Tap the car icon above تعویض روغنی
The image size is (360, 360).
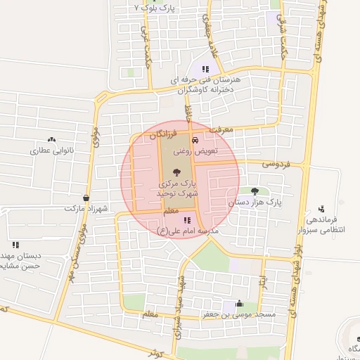(205, 140)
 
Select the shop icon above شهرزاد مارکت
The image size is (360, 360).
(86, 198)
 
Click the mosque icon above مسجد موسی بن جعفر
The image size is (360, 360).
(239, 304)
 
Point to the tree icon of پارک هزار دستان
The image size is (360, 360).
(255, 191)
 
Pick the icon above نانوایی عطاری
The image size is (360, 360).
(51, 140)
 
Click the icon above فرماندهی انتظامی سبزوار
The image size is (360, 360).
(321, 208)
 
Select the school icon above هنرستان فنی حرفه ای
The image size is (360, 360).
(205, 69)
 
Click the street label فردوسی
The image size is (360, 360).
(276, 164)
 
